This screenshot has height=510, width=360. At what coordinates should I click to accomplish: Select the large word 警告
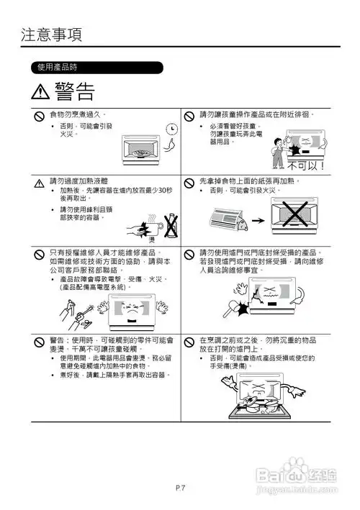(x=73, y=91)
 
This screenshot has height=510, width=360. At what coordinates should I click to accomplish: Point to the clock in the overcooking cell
(x=171, y=129)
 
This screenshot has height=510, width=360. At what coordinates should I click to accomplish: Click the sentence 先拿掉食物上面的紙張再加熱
(x=258, y=182)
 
